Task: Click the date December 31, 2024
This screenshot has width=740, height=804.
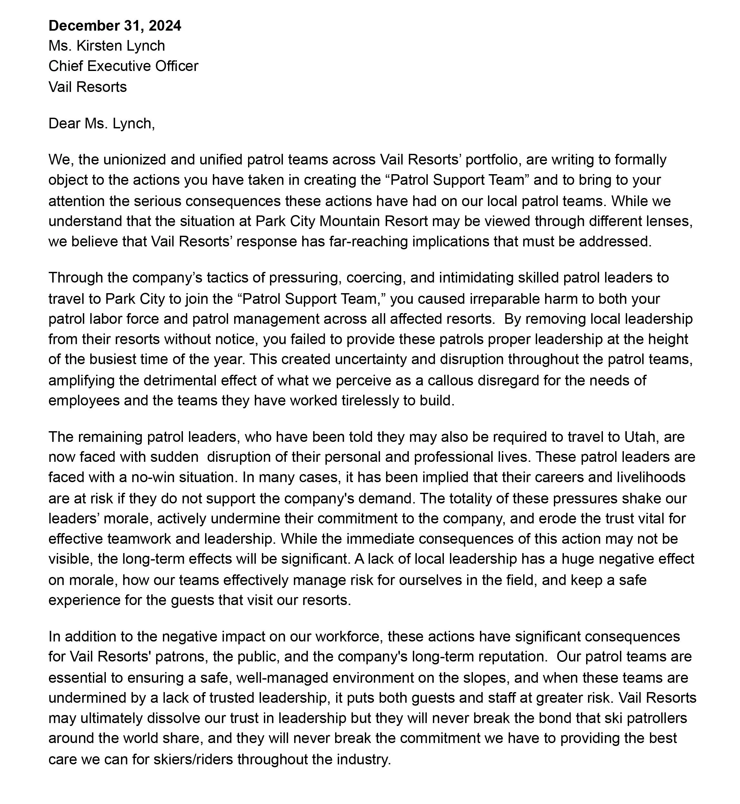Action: click(115, 25)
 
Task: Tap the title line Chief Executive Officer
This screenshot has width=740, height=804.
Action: click(123, 66)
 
